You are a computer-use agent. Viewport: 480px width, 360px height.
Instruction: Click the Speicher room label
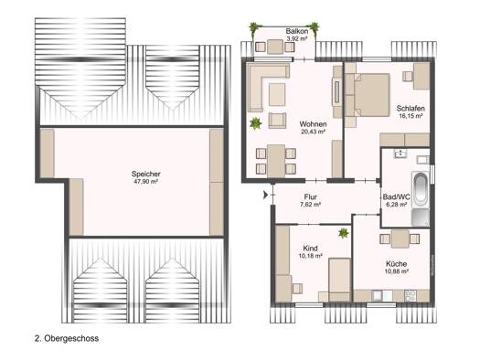146,174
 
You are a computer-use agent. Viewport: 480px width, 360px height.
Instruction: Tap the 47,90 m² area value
146,182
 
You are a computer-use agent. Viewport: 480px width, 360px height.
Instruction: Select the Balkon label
297,31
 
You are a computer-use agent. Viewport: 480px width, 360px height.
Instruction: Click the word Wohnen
313,124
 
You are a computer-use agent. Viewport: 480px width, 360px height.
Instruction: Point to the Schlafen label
411,109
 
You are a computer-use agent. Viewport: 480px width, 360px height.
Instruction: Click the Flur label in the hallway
311,197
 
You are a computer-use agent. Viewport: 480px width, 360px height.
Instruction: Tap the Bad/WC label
397,197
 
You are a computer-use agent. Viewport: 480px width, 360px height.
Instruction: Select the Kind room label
310,248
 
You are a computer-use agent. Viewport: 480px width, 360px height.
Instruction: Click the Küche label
397,264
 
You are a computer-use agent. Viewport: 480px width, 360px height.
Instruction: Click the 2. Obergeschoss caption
67,338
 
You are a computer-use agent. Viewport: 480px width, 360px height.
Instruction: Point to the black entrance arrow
266,195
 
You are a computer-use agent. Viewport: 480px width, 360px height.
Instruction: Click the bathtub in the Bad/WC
421,190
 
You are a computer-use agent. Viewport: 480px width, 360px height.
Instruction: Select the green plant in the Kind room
344,233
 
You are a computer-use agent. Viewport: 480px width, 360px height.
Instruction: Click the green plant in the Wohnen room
255,123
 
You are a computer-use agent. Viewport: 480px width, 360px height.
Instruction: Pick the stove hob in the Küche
410,296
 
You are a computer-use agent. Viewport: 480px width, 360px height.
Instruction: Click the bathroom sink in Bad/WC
400,153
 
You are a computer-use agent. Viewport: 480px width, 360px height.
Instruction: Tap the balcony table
275,47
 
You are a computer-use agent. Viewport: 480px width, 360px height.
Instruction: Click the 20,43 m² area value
313,132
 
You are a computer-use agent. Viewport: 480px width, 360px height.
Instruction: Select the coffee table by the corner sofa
277,94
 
